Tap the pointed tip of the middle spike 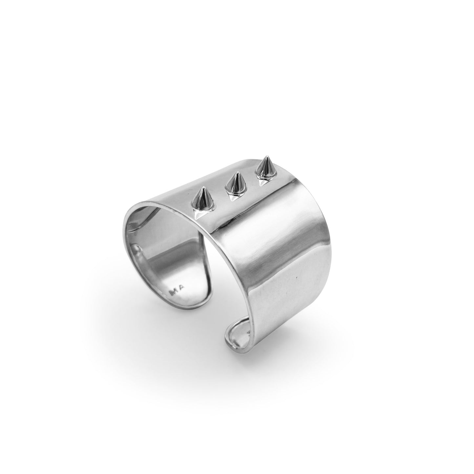point(237,173)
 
